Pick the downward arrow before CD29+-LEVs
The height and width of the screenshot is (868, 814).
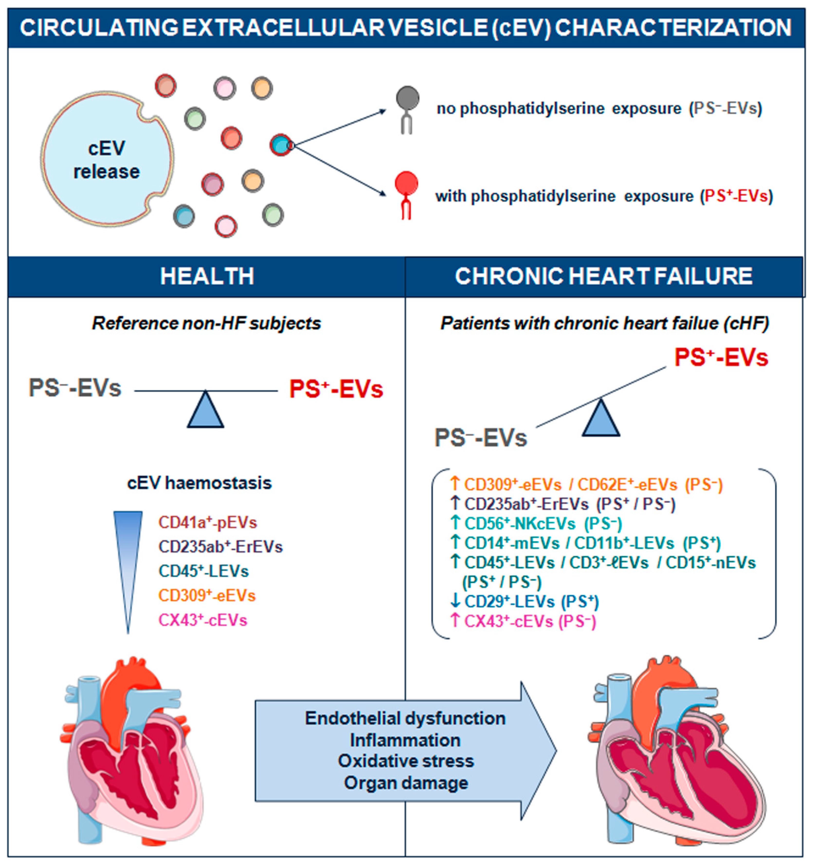[x=455, y=601]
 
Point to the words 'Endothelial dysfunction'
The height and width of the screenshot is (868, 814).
[x=405, y=718]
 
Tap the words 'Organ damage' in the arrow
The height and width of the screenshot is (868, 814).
[x=406, y=783]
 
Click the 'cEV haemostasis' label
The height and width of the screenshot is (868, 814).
[x=199, y=483]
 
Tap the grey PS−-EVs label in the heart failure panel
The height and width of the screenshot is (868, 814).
[x=481, y=438]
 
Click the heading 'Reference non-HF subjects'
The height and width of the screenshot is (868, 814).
[x=207, y=324]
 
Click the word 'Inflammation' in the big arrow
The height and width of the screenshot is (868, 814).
[x=405, y=740]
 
